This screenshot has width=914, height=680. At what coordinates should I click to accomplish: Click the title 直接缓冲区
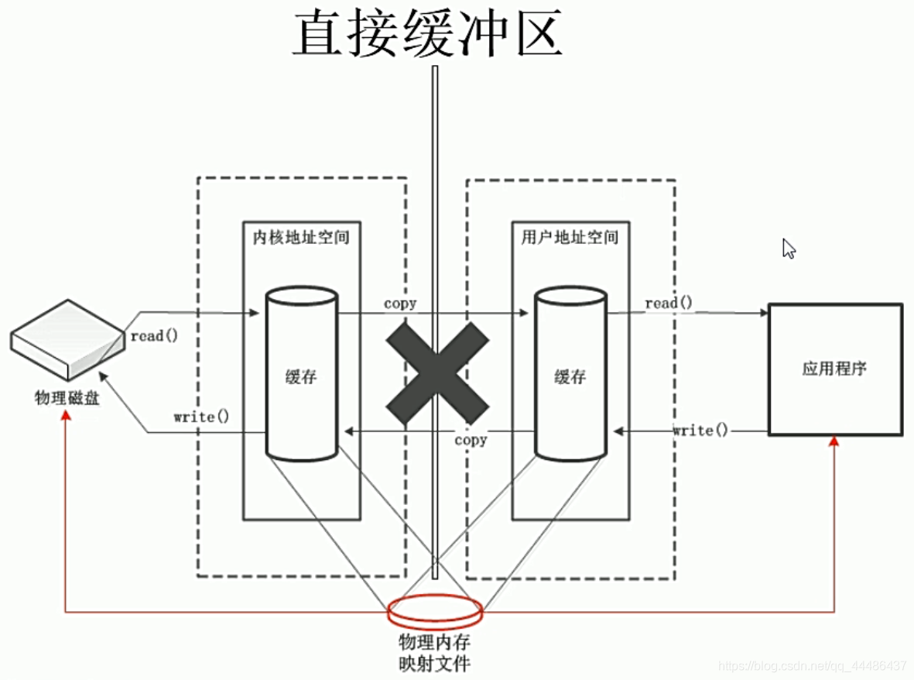(426, 33)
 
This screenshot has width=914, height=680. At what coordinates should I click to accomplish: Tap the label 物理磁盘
(67, 398)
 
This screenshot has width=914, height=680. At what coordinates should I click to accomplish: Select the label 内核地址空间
(301, 237)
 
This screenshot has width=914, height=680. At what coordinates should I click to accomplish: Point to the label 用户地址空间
(570, 237)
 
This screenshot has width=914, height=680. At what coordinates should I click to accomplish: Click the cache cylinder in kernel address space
(301, 376)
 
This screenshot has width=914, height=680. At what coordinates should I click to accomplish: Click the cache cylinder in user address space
(570, 376)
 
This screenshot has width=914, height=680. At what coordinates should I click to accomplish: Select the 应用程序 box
(834, 369)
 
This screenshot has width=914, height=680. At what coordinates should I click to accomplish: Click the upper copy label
(400, 304)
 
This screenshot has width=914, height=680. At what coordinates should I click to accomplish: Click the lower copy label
(471, 440)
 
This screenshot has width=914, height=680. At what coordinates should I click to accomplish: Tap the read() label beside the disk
(154, 336)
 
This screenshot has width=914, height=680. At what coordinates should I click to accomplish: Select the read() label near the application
(669, 303)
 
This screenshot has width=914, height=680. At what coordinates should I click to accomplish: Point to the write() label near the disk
(201, 417)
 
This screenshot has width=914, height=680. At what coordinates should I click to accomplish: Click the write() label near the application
(700, 430)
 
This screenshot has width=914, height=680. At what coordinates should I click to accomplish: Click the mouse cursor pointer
(789, 249)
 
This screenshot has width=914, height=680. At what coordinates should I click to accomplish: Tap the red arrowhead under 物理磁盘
(67, 416)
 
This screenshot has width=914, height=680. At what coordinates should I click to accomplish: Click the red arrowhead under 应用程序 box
(834, 440)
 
